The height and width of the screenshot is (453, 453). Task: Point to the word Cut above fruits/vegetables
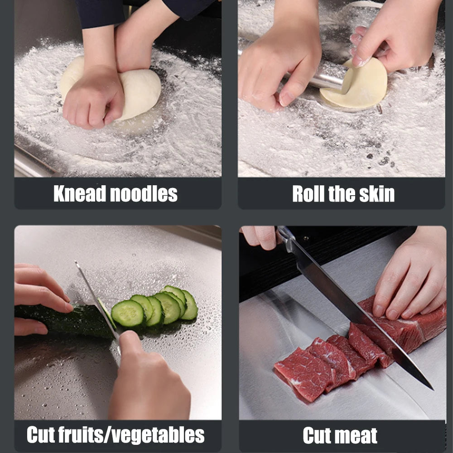coord(43,435)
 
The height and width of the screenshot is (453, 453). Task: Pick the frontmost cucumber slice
coord(128,313)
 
